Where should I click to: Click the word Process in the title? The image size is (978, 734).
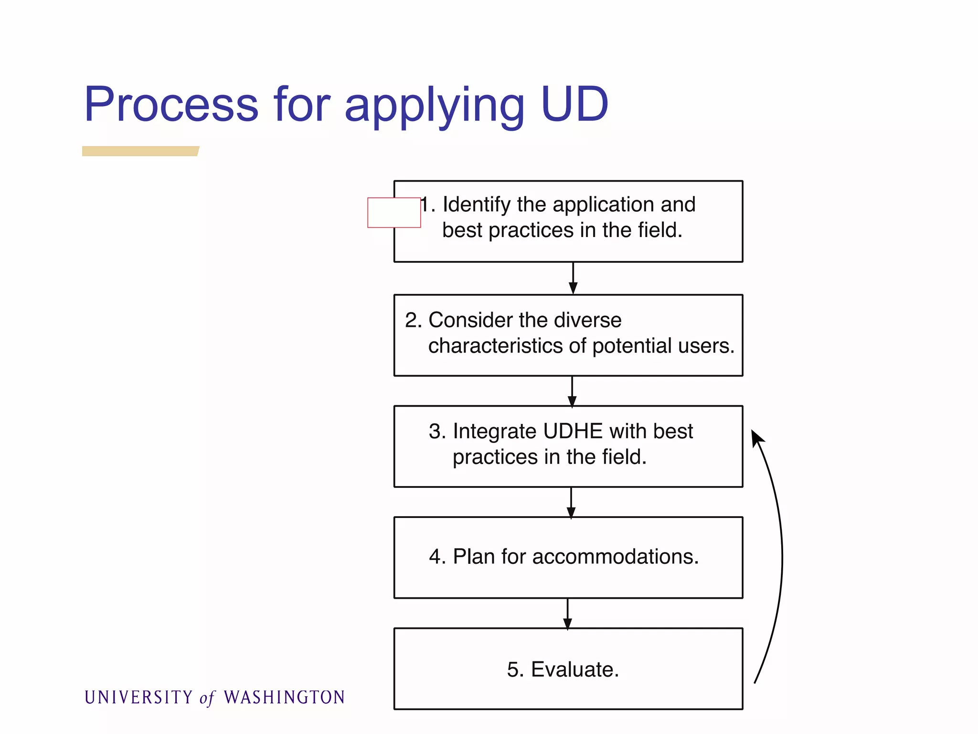point(171,104)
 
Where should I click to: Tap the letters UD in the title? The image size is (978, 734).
point(574,104)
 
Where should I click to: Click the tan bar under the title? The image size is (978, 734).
point(140,151)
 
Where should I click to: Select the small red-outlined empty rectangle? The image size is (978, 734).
point(394,213)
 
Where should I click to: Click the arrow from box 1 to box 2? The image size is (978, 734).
point(573,279)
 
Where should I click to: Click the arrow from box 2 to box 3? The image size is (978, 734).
point(572,391)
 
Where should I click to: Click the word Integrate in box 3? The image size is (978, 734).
point(494,431)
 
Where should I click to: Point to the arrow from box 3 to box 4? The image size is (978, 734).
point(571,503)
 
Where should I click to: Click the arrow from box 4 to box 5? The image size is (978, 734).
point(567,614)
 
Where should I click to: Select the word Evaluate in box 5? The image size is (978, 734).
point(574,669)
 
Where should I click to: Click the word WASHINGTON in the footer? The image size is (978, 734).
point(284,697)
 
